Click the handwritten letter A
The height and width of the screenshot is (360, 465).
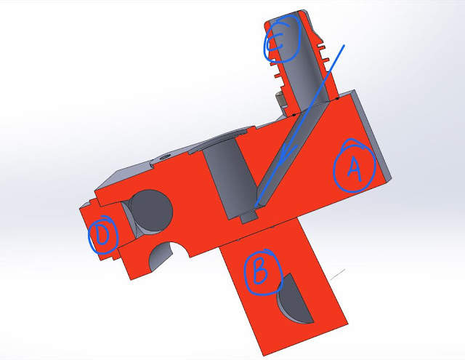pyautogui.click(x=355, y=169)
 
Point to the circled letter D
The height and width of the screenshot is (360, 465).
pyautogui.click(x=103, y=235)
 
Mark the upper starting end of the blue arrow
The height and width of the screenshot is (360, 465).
pyautogui.click(x=344, y=45)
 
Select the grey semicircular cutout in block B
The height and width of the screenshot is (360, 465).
pyautogui.click(x=294, y=299)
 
